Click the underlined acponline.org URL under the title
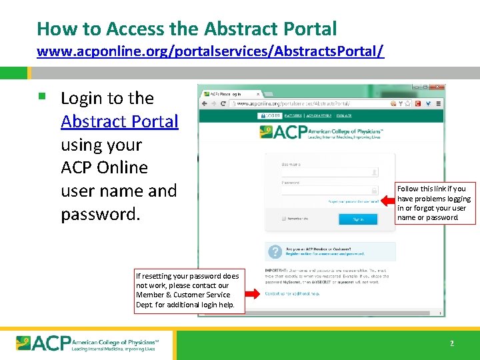pos(210,51)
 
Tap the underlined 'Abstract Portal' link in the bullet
pos(119,121)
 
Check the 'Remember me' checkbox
pos(283,219)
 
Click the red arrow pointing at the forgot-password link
pos(389,200)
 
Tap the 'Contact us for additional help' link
pos(292,293)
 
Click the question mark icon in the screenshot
pos(274,251)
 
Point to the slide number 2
pos(451,343)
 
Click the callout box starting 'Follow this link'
pos(435,203)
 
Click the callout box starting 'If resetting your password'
pos(187,290)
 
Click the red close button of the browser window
pos(441,87)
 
